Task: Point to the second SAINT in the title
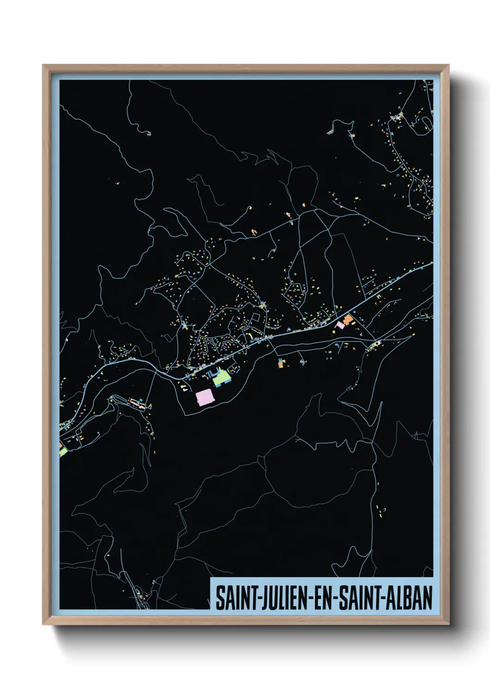tap(358, 598)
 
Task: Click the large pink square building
tap(205, 397)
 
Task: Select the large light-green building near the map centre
tap(221, 379)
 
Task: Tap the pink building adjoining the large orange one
tap(340, 325)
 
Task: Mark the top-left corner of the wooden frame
tap(43, 65)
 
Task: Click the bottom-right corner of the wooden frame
tap(448, 624)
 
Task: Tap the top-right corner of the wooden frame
tap(448, 65)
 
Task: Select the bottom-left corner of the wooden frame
tap(43, 624)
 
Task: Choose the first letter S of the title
tap(219, 598)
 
